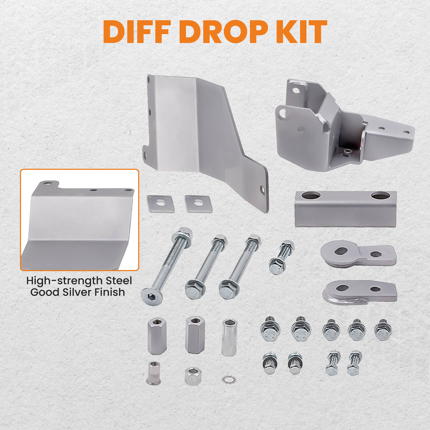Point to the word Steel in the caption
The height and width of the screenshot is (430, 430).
point(119,281)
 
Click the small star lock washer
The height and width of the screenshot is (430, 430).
point(229,379)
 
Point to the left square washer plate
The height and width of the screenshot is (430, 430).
point(160,204)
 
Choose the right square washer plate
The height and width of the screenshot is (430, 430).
point(198,204)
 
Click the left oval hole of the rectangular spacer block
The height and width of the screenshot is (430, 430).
point(311,195)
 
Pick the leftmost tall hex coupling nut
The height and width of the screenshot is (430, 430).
point(157,336)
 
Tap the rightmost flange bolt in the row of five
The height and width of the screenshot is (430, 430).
point(383,330)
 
